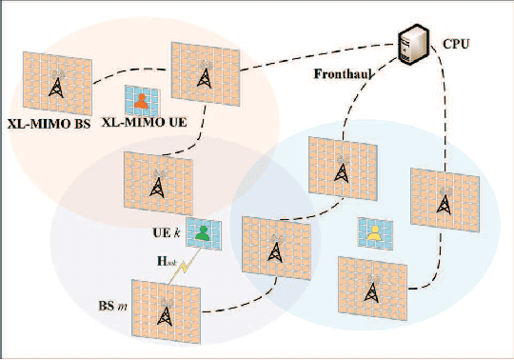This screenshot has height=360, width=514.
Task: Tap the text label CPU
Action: [x=455, y=44]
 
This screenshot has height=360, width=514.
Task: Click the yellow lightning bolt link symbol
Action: [x=183, y=268]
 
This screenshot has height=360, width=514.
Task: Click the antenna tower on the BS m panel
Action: [x=166, y=315]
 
